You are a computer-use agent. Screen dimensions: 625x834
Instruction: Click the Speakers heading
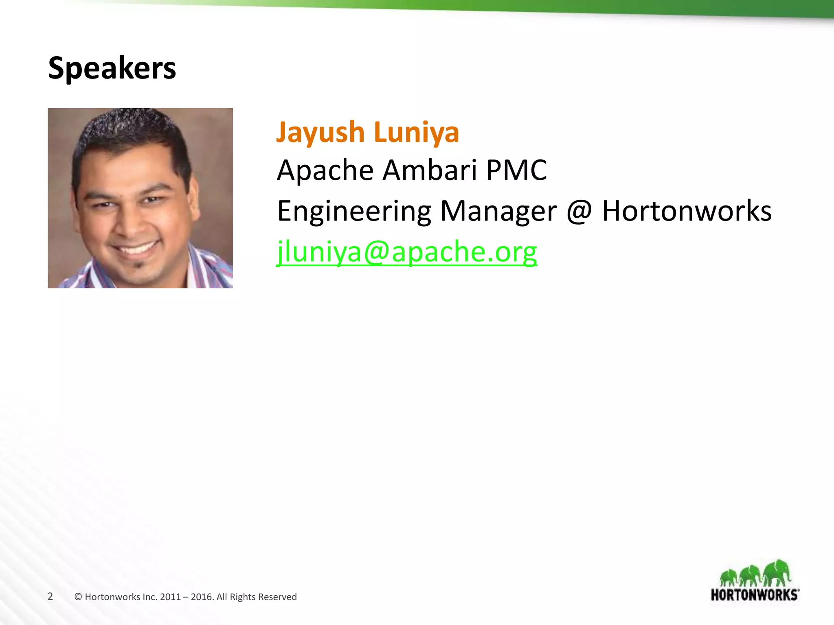(112, 68)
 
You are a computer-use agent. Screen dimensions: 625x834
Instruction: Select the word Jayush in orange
(320, 132)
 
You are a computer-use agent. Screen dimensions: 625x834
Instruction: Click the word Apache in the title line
(325, 170)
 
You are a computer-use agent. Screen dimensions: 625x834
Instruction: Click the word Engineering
(353, 212)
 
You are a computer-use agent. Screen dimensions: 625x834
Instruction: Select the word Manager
(498, 212)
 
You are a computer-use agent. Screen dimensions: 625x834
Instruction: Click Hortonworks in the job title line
(687, 212)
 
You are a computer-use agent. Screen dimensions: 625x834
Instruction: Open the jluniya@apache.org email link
(407, 252)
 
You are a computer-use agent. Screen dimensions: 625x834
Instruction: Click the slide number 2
(50, 597)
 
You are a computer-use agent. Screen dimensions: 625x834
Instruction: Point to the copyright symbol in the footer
(78, 597)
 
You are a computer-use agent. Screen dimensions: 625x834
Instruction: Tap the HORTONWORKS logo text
(755, 595)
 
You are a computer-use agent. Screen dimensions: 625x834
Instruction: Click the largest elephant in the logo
(777, 573)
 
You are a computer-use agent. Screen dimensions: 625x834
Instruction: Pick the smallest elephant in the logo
(729, 578)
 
